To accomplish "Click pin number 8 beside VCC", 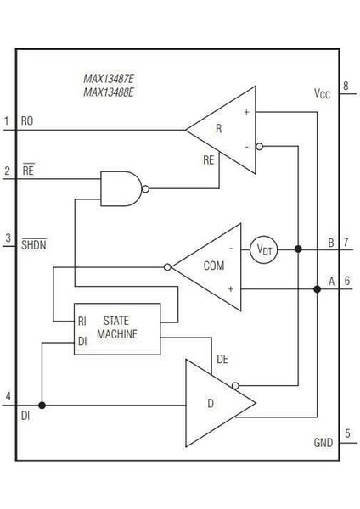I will (x=346, y=87).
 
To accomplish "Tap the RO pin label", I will (x=27, y=121).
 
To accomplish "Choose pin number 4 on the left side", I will (x=8, y=397).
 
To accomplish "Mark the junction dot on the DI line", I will (x=42, y=405).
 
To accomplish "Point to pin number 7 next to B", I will (x=346, y=242).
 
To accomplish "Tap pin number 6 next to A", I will (x=346, y=282).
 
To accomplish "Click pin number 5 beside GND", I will (x=346, y=434).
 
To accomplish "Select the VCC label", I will (x=320, y=94).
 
